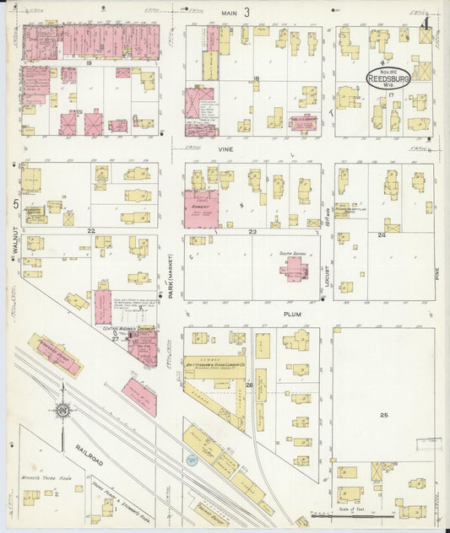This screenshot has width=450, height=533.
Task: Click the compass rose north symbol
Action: point(62,411)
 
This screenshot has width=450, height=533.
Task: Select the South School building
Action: point(295,269)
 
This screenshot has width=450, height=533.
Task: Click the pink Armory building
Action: point(201,207)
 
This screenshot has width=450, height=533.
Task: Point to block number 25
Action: point(385,415)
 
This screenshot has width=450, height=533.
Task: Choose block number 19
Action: point(88,62)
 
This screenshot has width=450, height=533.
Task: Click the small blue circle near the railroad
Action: point(192,460)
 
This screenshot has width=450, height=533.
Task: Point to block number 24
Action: point(382,234)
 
